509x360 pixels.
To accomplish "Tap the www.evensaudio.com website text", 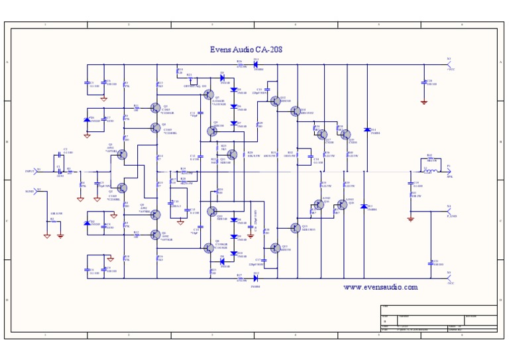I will (x=380, y=287).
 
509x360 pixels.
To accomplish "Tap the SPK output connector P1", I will (x=449, y=171).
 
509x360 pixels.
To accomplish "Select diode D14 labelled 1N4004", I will (x=367, y=130).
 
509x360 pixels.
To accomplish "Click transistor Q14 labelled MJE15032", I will (x=296, y=112).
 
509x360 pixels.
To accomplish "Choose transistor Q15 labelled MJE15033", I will (x=296, y=228).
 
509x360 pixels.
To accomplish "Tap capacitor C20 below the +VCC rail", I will (x=424, y=83).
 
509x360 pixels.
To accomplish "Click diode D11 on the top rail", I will (x=256, y=64).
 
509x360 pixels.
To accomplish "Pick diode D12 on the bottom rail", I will (x=256, y=278).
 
